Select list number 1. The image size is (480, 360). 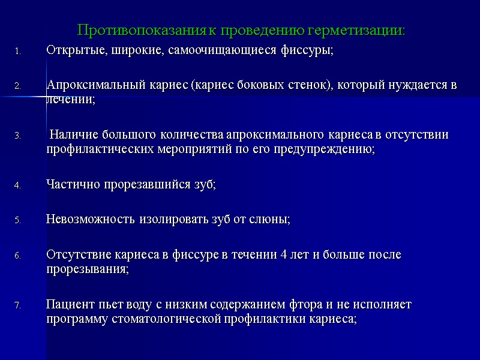[x=18, y=52]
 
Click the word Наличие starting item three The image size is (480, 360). [x=70, y=134]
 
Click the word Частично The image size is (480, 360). [x=70, y=185]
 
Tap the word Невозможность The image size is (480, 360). [x=91, y=220]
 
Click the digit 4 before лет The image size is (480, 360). [x=283, y=254]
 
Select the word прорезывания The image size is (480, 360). [x=86, y=269]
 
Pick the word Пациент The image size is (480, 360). [x=68, y=304]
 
